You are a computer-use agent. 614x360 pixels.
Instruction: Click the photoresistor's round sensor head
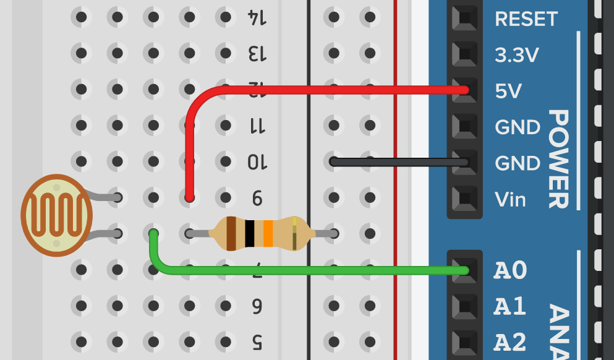pos(56,215)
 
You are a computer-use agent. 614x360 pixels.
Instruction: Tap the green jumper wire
pos(309,270)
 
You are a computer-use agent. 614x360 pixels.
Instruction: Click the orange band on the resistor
pos(268,233)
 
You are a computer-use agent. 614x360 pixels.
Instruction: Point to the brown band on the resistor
pos(231,233)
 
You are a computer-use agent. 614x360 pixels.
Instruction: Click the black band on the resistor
pos(249,233)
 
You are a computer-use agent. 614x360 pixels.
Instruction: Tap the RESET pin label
pos(526,19)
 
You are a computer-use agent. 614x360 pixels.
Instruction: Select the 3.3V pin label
pos(517,56)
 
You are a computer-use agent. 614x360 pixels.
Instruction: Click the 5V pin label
pos(508,92)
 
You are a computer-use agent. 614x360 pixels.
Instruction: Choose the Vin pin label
pos(510,199)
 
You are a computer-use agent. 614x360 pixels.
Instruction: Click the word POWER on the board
pos(558,159)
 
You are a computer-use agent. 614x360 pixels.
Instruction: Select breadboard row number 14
pos(257,17)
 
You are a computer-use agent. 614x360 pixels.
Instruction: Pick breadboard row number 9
pos(257,199)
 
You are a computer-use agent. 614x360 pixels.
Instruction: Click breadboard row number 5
pos(257,341)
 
